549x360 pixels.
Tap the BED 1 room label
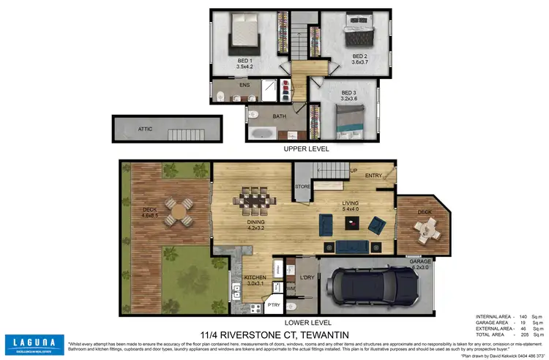tap(244, 61)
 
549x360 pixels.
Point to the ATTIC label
tap(146, 128)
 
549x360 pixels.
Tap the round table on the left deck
tap(179, 214)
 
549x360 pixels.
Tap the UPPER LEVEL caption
tap(307, 149)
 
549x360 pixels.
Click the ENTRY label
tap(373, 176)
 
